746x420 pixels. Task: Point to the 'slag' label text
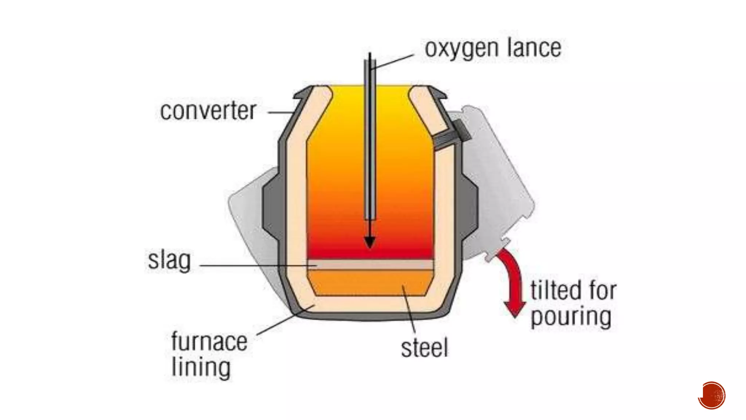[x=169, y=260]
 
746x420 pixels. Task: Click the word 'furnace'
[x=209, y=342]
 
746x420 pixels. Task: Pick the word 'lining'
[x=201, y=367]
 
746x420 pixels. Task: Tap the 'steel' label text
[x=424, y=348]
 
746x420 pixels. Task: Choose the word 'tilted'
[x=555, y=291]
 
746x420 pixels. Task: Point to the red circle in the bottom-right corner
[x=712, y=395]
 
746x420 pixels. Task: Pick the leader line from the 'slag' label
[x=255, y=265]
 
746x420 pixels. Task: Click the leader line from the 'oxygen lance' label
[x=393, y=62]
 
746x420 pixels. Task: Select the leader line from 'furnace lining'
[x=284, y=321]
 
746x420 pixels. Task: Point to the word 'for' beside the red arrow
[x=601, y=291]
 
